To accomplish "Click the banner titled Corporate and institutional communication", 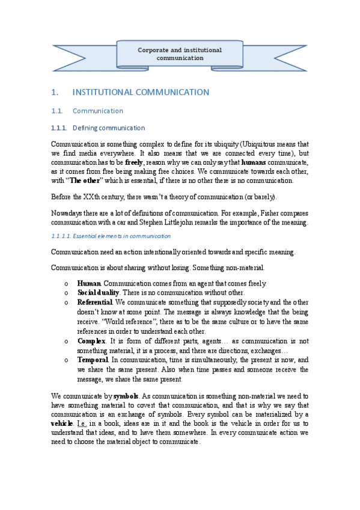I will click(x=180, y=54).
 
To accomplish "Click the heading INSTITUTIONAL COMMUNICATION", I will click(x=140, y=92).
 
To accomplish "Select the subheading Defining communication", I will click(x=108, y=127).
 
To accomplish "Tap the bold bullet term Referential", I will click(x=95, y=302).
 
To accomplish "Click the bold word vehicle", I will click(x=63, y=423).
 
